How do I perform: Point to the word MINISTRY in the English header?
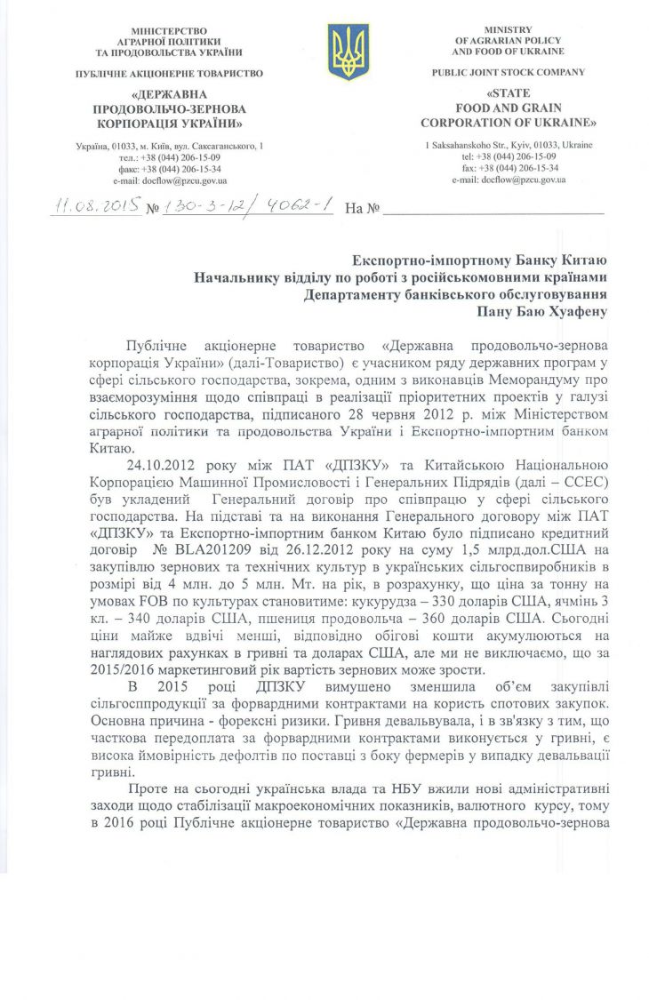click(x=509, y=30)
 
